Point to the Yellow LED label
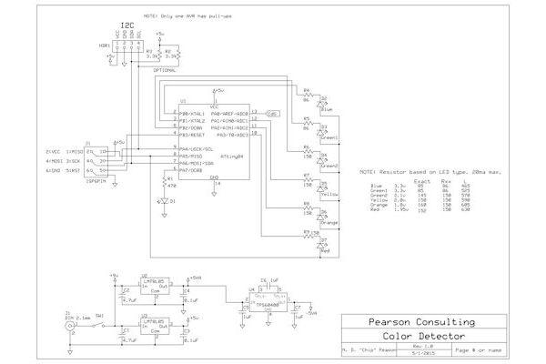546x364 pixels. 330,195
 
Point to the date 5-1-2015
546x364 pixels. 419,353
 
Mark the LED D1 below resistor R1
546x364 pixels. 163,200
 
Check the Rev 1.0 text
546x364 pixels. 419,346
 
